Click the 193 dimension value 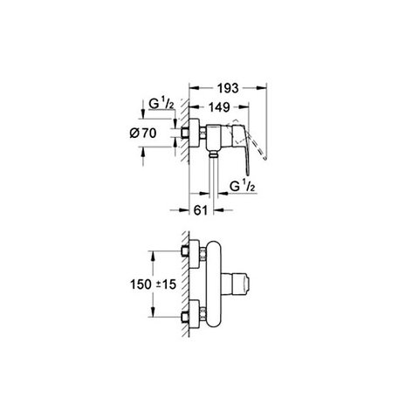228,88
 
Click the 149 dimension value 219,107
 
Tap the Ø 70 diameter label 143,134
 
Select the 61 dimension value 201,210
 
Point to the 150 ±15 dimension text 153,284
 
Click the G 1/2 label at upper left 161,104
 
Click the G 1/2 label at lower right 242,187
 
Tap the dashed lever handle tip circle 264,158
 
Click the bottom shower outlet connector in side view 214,154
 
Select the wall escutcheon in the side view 194,134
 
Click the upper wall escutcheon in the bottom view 195,254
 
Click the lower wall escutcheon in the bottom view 195,314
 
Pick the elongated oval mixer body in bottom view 213,284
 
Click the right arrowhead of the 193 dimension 262,87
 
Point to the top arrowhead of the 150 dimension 152,256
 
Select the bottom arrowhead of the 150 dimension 152,312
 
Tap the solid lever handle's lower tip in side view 248,174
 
